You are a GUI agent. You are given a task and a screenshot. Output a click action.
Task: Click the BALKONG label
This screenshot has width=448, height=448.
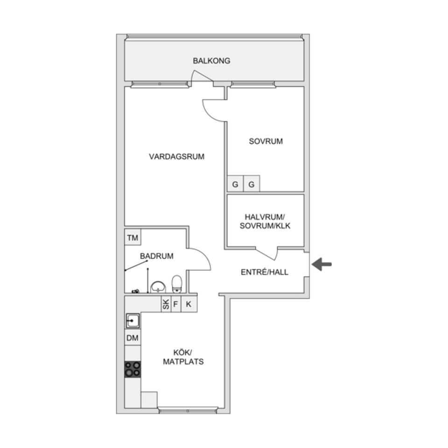(211, 61)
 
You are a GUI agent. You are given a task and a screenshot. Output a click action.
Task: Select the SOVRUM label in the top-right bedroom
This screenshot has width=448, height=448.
(266, 141)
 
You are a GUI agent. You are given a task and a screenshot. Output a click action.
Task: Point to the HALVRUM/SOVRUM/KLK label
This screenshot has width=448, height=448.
(265, 222)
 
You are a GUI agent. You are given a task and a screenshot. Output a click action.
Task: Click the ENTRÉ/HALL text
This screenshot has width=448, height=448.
(264, 272)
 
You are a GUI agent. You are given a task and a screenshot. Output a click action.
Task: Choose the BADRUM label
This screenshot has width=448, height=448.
(157, 256)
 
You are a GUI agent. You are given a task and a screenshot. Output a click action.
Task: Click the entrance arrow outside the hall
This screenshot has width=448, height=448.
(322, 265)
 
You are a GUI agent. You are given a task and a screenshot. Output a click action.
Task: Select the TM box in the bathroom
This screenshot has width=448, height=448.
(133, 238)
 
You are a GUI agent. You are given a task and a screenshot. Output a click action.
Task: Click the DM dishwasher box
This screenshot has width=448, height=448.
(133, 338)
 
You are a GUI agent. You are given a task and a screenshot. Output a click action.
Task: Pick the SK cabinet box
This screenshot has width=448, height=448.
(166, 305)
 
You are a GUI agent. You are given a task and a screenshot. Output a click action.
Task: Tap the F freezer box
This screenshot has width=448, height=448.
(176, 305)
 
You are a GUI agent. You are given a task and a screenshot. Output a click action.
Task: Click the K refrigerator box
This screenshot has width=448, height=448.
(189, 305)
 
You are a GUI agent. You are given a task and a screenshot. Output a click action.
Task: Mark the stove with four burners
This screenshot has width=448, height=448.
(133, 369)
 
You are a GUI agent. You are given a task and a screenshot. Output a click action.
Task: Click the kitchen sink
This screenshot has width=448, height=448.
(133, 321)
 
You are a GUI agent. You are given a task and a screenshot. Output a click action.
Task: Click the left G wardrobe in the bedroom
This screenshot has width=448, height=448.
(235, 184)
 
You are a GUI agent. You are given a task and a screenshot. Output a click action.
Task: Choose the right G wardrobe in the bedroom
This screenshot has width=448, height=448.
(252, 184)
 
